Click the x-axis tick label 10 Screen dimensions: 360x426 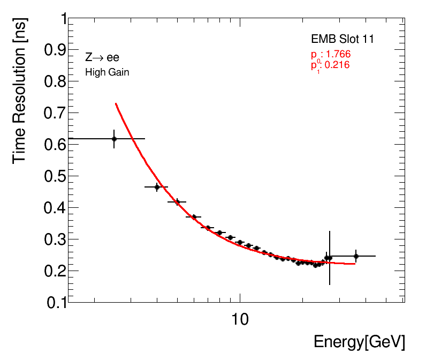pos(240,319)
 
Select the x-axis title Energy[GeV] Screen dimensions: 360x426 pos(359,342)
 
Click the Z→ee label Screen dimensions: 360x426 pos(102,58)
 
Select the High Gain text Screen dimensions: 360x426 pos(107,72)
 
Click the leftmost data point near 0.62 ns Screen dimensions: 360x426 pos(114,139)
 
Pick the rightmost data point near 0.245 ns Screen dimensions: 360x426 pos(356,256)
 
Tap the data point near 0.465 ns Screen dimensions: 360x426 pos(157,187)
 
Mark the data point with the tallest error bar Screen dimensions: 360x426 pos(330,258)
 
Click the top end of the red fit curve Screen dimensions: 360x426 pos(116,103)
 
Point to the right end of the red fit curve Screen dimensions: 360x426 pos(354,264)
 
